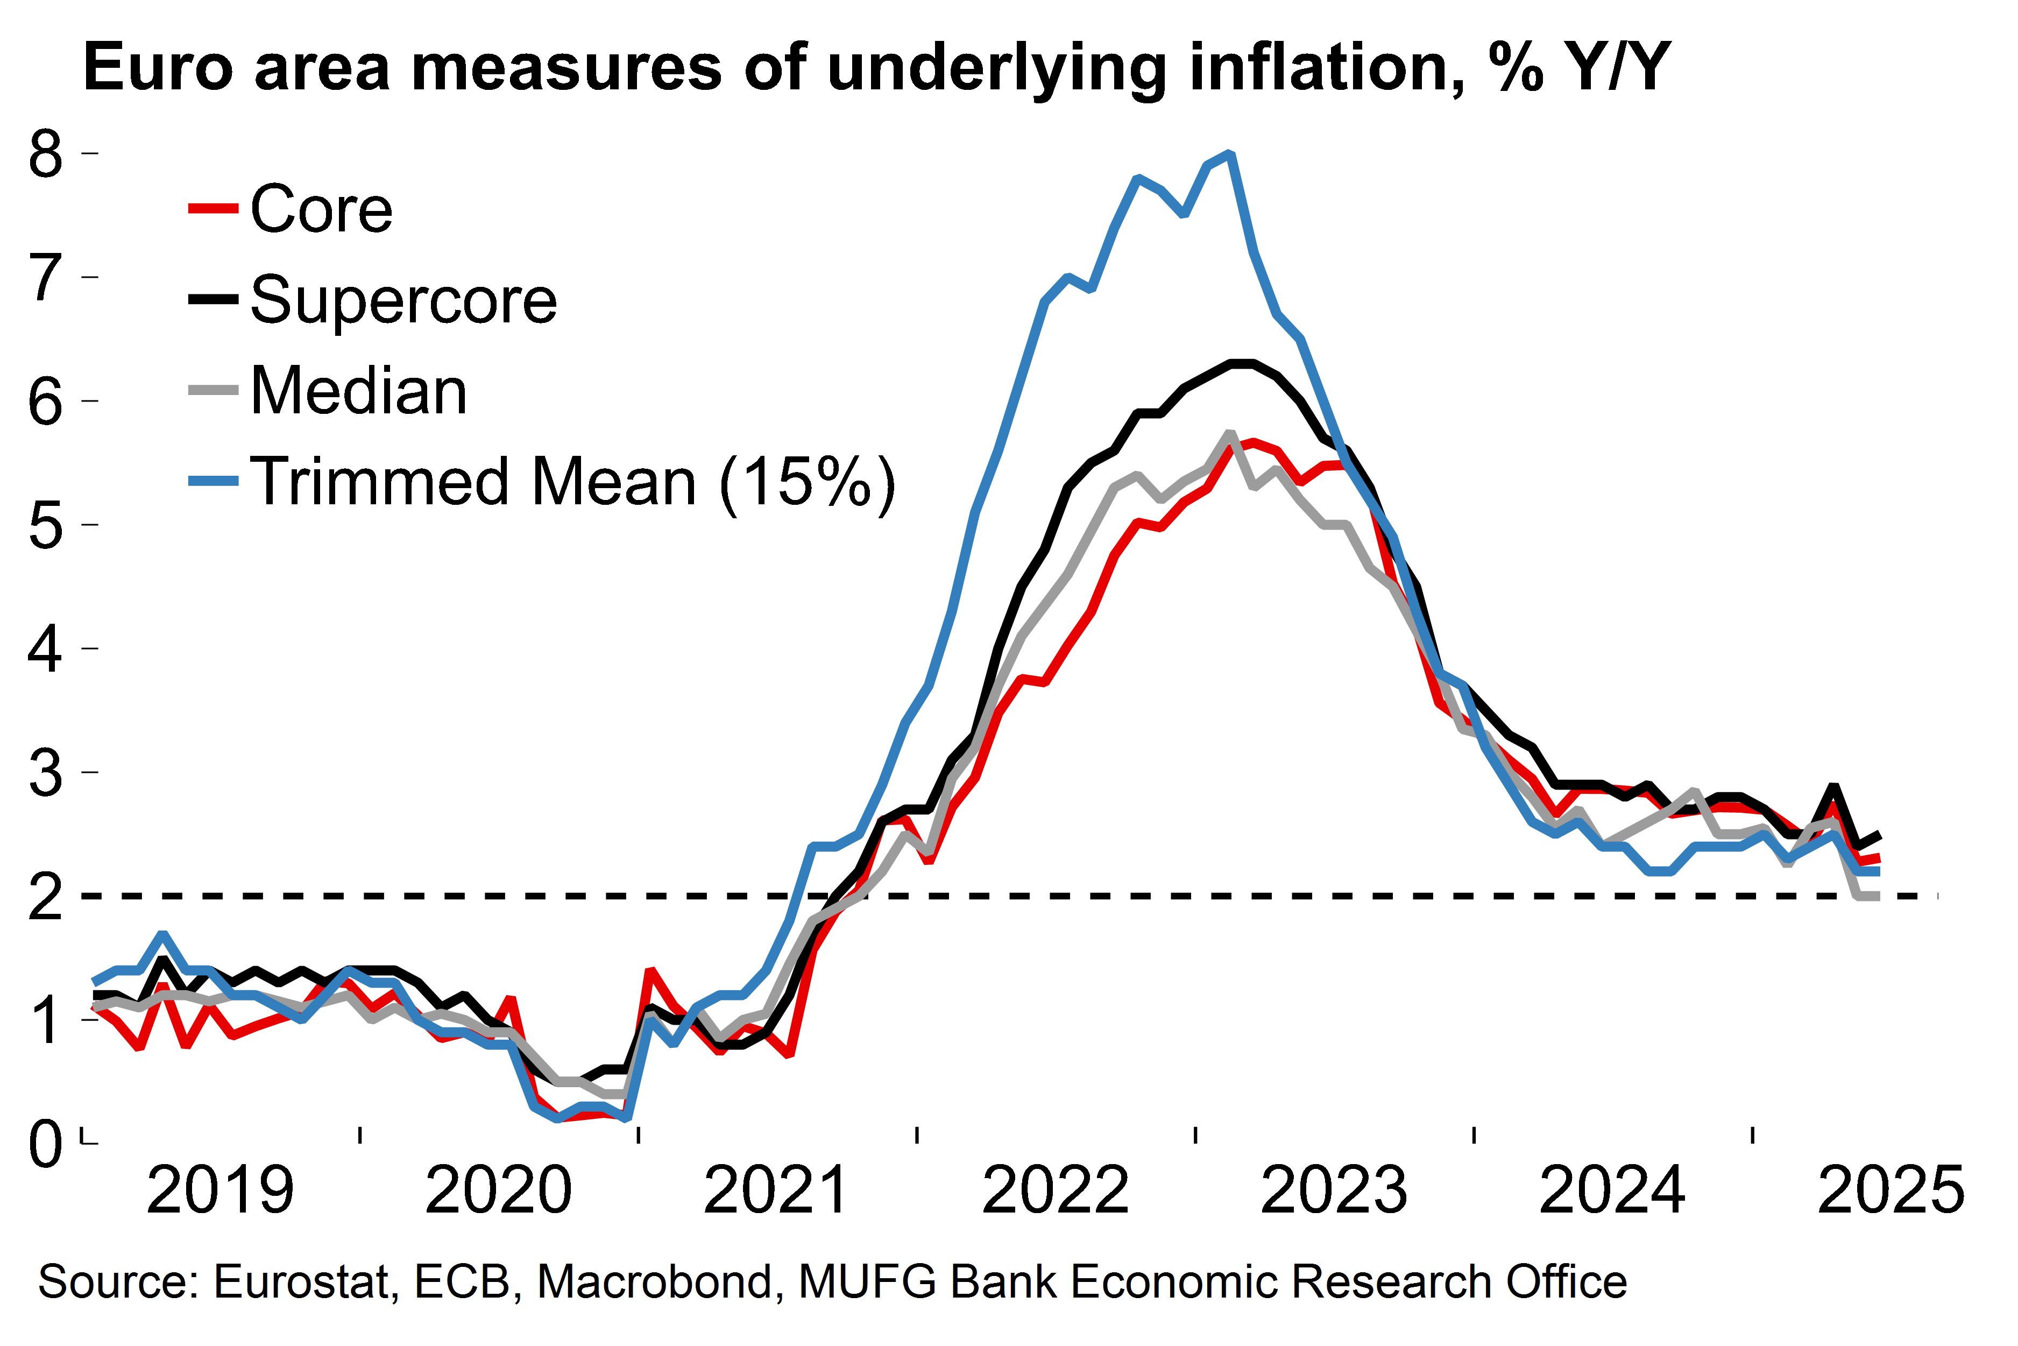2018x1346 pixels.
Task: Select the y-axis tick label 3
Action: click(x=46, y=773)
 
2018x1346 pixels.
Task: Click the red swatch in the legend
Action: click(x=213, y=209)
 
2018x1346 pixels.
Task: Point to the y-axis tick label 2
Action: click(x=46, y=897)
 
